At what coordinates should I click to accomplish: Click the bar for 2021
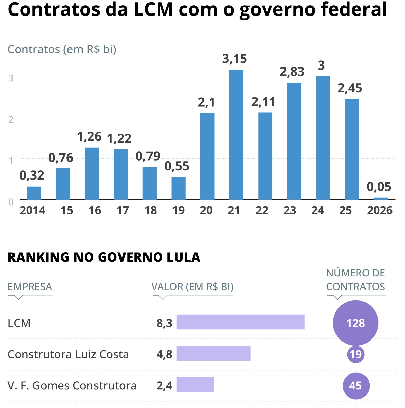(x=236, y=135)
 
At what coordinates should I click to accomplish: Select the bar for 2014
(x=34, y=193)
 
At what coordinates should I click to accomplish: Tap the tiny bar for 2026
(x=381, y=198)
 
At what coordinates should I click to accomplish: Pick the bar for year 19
(x=178, y=188)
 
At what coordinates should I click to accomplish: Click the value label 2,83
(x=292, y=72)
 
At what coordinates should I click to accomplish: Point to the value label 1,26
(x=89, y=137)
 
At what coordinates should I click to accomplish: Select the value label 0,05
(x=379, y=187)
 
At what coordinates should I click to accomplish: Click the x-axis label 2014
(x=32, y=210)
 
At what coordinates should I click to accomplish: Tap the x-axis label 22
(x=262, y=210)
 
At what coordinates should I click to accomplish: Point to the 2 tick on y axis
(x=11, y=119)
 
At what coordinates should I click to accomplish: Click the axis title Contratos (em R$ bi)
(x=62, y=49)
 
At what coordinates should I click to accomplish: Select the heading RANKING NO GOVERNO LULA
(x=104, y=257)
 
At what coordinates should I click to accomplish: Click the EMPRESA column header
(x=30, y=287)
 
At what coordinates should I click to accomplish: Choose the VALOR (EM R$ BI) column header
(x=192, y=287)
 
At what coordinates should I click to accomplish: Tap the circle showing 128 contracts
(x=355, y=323)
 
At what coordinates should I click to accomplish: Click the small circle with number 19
(x=356, y=354)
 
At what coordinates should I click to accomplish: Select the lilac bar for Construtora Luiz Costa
(x=213, y=353)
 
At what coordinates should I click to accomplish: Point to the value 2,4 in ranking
(x=164, y=386)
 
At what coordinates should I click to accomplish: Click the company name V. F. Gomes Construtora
(x=72, y=386)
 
